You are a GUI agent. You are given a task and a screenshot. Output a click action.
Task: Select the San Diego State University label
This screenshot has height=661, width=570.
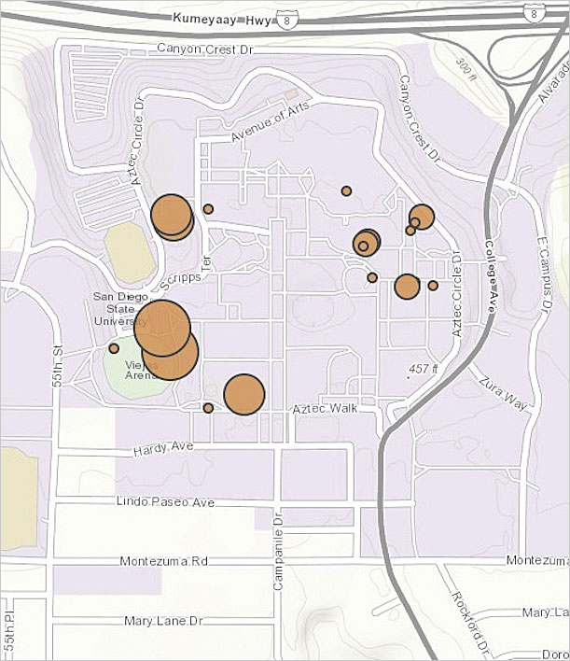[120, 309]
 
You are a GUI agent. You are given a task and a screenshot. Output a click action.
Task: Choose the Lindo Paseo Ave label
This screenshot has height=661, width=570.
[165, 501]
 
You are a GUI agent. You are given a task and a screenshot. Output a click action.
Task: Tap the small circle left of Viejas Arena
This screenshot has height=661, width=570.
[114, 348]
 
